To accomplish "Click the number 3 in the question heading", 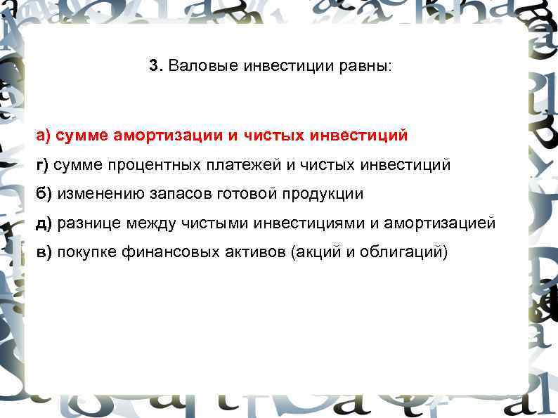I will click(x=154, y=67).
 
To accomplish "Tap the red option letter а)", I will click(x=44, y=134).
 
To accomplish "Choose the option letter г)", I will click(x=43, y=164).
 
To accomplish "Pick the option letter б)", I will click(x=44, y=193).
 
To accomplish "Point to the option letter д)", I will click(x=44, y=223).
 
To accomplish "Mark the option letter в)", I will click(x=44, y=252).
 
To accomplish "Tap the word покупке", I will click(x=86, y=252).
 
